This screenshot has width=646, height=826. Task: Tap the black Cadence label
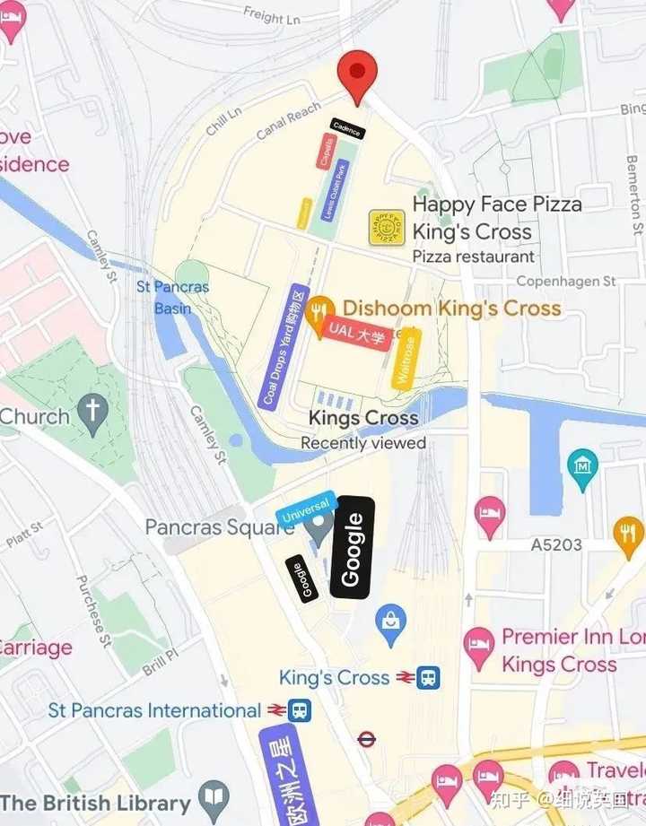coord(347,130)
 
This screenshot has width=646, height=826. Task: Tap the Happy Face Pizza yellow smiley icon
coord(387,228)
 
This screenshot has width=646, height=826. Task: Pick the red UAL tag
coord(356,334)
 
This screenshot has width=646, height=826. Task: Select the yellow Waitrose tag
coord(407,358)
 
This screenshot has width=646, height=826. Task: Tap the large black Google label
coord(352,546)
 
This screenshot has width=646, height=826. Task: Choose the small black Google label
coord(302,578)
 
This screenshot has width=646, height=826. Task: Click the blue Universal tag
coord(305,508)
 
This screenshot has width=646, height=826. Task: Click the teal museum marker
coord(583,466)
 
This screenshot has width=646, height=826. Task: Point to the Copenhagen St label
coord(566,282)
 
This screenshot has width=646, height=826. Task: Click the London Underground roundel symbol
coord(366,739)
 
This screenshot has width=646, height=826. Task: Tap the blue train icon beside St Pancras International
coord(300,710)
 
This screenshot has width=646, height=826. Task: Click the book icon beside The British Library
coord(214,800)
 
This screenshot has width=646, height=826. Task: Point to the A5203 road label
coord(556,544)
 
